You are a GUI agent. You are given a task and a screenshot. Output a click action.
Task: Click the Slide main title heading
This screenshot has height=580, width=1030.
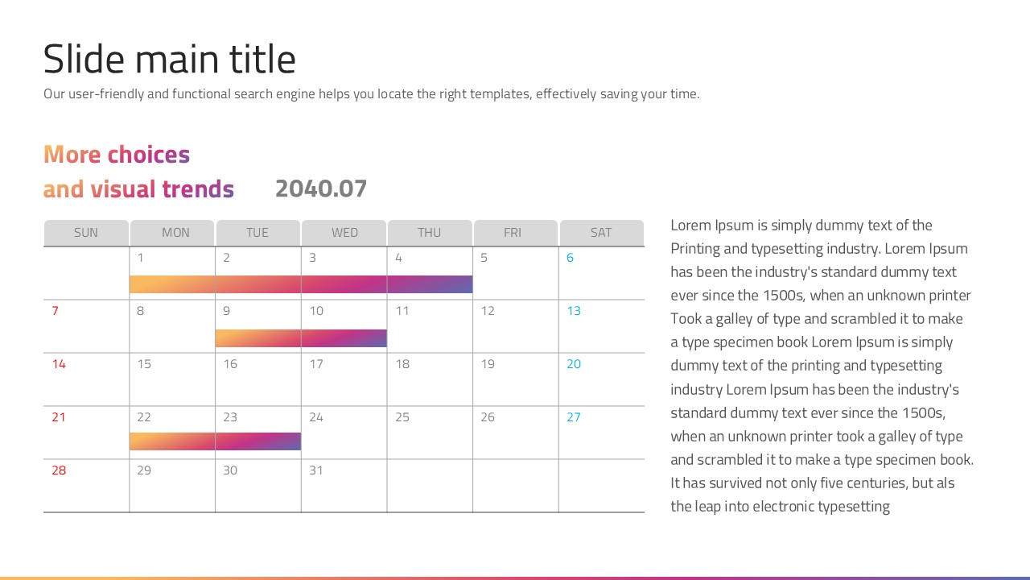point(169,60)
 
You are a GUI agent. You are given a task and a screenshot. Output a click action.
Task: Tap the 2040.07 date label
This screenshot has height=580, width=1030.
point(321,188)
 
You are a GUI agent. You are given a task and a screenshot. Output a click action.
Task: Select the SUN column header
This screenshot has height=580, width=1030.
point(86,233)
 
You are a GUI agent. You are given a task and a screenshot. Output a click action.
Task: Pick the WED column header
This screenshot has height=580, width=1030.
point(344,233)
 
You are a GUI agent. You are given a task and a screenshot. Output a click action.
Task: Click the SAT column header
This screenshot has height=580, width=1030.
point(601,233)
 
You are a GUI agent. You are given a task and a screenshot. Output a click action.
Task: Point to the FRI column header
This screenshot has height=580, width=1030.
point(513,233)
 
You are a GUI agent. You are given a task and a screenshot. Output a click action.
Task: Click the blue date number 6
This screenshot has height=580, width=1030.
point(571,258)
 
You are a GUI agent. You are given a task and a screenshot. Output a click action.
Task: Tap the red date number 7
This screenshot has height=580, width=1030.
point(55,311)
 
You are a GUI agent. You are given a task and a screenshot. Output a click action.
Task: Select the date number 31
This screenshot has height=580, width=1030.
point(316,470)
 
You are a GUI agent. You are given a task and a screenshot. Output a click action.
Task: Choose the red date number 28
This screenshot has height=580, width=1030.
point(59,470)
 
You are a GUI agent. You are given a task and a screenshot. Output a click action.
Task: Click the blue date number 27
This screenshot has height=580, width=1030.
point(574,417)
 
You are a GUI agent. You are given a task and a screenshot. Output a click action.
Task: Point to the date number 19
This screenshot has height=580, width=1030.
point(488,364)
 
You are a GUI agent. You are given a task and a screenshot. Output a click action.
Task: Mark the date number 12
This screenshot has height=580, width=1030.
point(488,311)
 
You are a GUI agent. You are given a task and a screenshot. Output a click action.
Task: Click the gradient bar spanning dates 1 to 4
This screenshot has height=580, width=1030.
point(301,284)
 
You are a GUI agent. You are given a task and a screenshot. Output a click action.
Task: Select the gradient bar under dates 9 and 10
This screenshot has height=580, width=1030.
point(301,338)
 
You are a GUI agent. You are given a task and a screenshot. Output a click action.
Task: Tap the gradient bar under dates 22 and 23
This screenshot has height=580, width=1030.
point(215,441)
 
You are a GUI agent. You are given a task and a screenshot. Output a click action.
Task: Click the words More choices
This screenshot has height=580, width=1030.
point(117,155)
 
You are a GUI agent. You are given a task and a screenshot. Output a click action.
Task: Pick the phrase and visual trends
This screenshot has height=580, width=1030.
point(138,189)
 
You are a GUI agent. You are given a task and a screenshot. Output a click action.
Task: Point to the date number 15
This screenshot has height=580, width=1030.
point(144,364)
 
